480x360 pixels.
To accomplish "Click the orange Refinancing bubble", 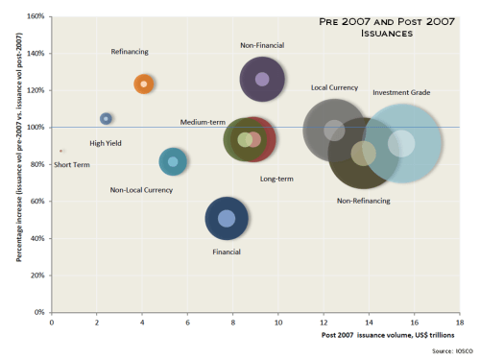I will [144, 84].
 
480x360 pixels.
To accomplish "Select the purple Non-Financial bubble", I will [261, 80].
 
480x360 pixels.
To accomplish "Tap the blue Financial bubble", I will [227, 218].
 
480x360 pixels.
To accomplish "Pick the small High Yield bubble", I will [106, 118].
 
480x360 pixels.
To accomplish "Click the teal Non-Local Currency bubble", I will [173, 161].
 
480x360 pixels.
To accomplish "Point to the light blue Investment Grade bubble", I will [403, 143].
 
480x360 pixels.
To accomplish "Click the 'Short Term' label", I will [72, 164].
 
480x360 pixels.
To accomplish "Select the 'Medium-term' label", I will [202, 123].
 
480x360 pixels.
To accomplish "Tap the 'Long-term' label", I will [276, 180].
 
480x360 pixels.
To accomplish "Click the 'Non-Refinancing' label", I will [363, 201].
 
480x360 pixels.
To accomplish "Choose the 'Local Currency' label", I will [334, 87].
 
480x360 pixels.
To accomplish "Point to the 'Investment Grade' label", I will [401, 92].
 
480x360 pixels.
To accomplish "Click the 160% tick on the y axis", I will [35, 16].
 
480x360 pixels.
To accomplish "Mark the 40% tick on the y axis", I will [36, 238].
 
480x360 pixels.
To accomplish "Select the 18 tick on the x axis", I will [460, 324].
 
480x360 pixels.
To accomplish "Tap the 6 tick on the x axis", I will [187, 324].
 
